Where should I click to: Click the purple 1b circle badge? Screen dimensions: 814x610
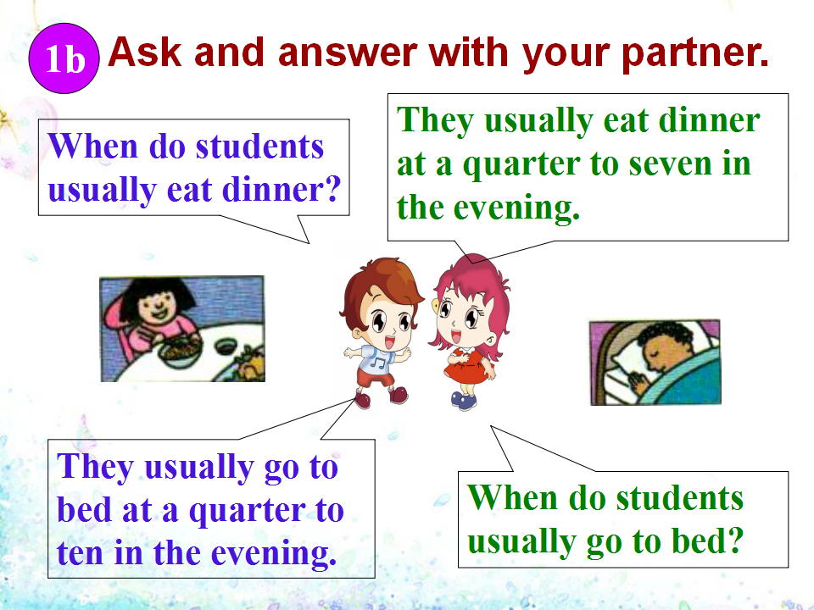tap(64, 58)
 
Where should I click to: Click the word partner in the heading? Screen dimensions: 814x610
tap(695, 54)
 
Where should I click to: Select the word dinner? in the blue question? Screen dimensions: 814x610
tap(282, 190)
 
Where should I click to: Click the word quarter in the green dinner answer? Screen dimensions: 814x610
tap(521, 165)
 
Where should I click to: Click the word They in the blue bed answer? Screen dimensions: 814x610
tap(96, 467)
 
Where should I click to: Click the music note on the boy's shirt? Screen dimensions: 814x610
tap(381, 360)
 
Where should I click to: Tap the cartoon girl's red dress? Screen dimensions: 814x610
tap(466, 366)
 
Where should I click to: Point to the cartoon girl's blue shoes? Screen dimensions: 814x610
tap(464, 401)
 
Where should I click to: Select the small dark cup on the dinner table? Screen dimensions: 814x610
tap(226, 345)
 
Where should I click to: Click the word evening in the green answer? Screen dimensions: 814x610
tap(516, 208)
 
